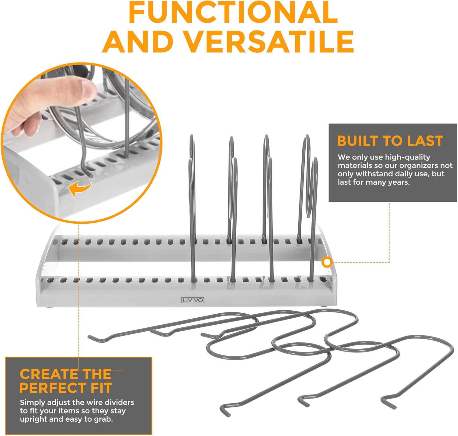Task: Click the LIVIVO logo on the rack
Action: click(193, 300)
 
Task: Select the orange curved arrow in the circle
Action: click(80, 188)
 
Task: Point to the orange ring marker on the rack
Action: click(327, 262)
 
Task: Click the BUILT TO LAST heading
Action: click(390, 141)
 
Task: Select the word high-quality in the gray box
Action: click(407, 157)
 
